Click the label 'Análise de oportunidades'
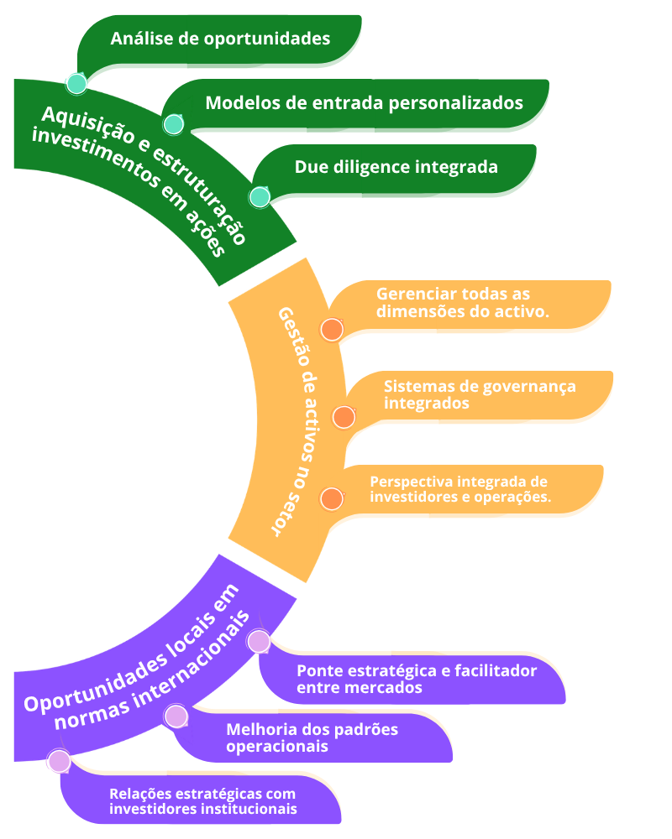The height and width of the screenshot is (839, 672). (x=220, y=39)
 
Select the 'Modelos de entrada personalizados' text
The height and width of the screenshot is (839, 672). (x=364, y=103)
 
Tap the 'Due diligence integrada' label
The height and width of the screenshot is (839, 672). (x=396, y=167)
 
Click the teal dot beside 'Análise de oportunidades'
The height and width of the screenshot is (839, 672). (x=76, y=84)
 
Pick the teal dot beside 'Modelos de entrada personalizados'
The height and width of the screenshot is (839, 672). (x=173, y=124)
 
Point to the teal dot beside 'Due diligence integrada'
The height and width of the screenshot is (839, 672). (x=260, y=197)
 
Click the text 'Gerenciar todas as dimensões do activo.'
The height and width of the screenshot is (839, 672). (x=462, y=303)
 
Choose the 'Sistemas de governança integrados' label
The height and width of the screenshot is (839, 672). (x=480, y=394)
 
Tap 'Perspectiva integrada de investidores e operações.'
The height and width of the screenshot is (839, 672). (x=460, y=489)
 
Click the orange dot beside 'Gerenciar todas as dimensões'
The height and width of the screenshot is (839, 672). (x=332, y=330)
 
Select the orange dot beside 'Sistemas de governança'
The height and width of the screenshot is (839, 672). (x=343, y=417)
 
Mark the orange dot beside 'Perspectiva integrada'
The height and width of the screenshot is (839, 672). (x=332, y=499)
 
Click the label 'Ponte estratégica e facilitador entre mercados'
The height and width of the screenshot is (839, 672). (x=417, y=680)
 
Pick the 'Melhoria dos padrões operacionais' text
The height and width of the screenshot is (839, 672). (x=312, y=737)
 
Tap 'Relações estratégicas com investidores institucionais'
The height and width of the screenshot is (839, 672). (x=203, y=801)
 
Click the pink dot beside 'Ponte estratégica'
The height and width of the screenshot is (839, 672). (x=259, y=642)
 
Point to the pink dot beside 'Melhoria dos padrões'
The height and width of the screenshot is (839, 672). (x=176, y=717)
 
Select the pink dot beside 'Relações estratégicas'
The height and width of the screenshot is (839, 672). (x=60, y=761)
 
